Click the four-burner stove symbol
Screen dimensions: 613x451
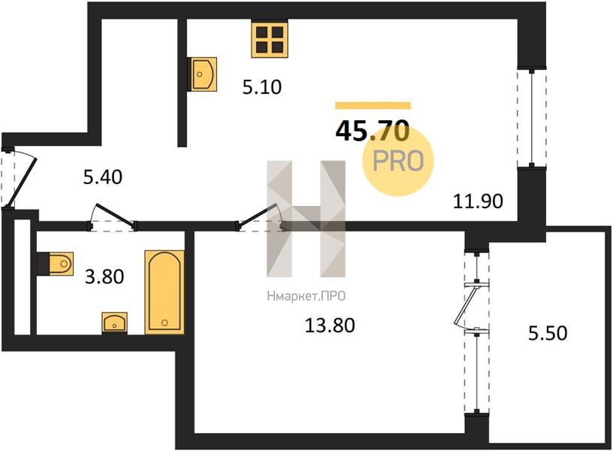(x=270, y=40)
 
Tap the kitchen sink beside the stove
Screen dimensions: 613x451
(x=204, y=74)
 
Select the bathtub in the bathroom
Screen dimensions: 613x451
(x=165, y=292)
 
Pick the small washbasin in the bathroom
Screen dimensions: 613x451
(x=114, y=322)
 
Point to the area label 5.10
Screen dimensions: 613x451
(x=262, y=87)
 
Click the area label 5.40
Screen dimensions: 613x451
(x=103, y=177)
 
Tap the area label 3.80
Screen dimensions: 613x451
(x=104, y=277)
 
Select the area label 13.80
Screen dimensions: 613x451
(x=330, y=325)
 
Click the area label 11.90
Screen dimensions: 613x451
(x=478, y=201)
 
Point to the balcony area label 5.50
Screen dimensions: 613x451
(x=548, y=333)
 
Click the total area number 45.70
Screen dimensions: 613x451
(x=373, y=131)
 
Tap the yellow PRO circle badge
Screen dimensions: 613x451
(x=398, y=161)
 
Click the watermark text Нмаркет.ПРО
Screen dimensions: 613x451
(x=306, y=296)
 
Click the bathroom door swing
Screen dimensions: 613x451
(x=112, y=216)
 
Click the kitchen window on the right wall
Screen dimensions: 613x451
(x=532, y=118)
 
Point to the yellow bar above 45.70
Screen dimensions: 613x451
(x=373, y=105)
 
